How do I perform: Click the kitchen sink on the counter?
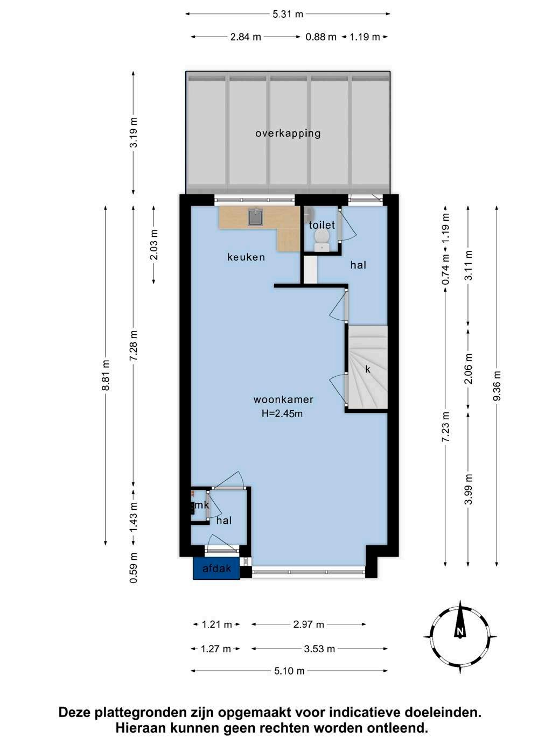click(x=256, y=217)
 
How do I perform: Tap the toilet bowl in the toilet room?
click(x=321, y=240)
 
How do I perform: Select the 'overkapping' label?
click(x=288, y=133)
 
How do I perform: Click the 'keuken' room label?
click(x=246, y=257)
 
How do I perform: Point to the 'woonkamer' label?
click(x=283, y=399)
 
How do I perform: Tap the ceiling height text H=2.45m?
click(x=282, y=413)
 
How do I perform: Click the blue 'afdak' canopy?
click(x=216, y=568)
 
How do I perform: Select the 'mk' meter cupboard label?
click(x=201, y=505)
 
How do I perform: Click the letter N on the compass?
click(x=460, y=631)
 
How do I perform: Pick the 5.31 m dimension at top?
click(x=288, y=14)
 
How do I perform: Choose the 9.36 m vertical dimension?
click(x=497, y=386)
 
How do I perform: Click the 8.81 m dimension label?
click(x=106, y=375)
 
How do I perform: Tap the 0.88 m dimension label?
click(x=321, y=37)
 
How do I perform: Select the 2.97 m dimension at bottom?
click(x=309, y=624)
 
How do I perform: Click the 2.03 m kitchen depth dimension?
click(x=153, y=245)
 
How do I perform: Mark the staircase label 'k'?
click(x=368, y=369)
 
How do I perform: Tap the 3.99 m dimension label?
click(x=469, y=489)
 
